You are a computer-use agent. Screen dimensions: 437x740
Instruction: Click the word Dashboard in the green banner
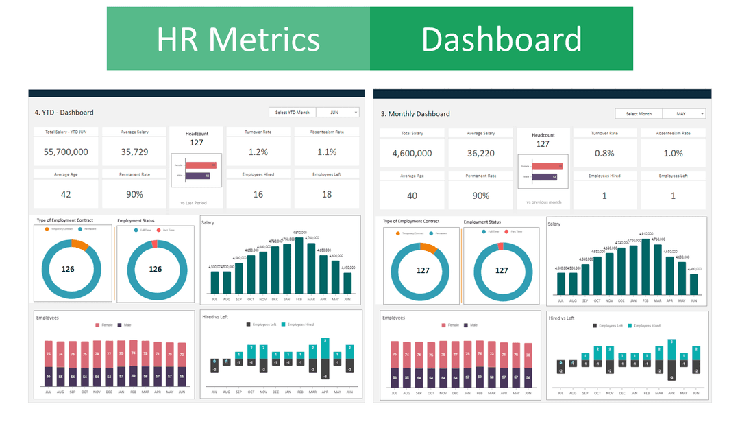point(501,39)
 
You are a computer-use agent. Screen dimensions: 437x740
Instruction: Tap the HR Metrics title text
point(238,39)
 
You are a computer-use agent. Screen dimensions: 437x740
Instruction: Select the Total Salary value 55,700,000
point(66,152)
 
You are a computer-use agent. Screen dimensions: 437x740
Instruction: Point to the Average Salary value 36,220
point(480,154)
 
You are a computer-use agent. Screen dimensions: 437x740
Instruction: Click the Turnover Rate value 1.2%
point(258,152)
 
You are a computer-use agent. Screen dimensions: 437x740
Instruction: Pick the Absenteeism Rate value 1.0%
point(673,154)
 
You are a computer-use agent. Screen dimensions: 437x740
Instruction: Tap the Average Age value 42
point(66,194)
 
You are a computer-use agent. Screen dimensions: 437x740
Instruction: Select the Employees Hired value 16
point(258,194)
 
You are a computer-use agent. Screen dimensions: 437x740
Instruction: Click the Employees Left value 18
point(327,194)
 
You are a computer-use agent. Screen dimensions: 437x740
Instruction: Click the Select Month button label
point(638,114)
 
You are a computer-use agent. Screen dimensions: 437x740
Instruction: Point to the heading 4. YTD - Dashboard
point(64,113)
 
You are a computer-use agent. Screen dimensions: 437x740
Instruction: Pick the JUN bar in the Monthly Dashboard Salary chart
point(694,284)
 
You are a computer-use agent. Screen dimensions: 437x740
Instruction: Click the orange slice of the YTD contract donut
point(80,245)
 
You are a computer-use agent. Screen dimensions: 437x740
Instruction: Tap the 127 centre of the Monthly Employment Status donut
point(502,270)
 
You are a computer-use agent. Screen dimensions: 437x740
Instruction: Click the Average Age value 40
point(412,196)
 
